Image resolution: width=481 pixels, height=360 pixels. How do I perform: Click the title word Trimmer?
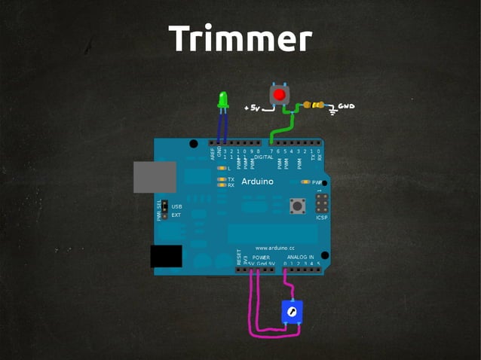pyautogui.click(x=240, y=38)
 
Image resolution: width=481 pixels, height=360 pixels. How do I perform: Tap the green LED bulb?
pyautogui.click(x=222, y=100)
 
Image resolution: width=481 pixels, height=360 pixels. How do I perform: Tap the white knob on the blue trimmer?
pyautogui.click(x=291, y=310)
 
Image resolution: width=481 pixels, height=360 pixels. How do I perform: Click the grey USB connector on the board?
pyautogui.click(x=155, y=177)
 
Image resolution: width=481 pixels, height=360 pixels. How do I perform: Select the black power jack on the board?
pyautogui.click(x=166, y=256)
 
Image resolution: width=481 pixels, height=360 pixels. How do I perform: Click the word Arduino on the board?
pyautogui.click(x=258, y=182)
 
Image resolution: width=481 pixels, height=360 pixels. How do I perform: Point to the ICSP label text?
pyautogui.click(x=322, y=218)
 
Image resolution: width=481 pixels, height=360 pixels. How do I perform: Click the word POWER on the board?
pyautogui.click(x=261, y=257)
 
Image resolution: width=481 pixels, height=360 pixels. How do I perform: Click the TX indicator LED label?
pyautogui.click(x=231, y=179)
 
